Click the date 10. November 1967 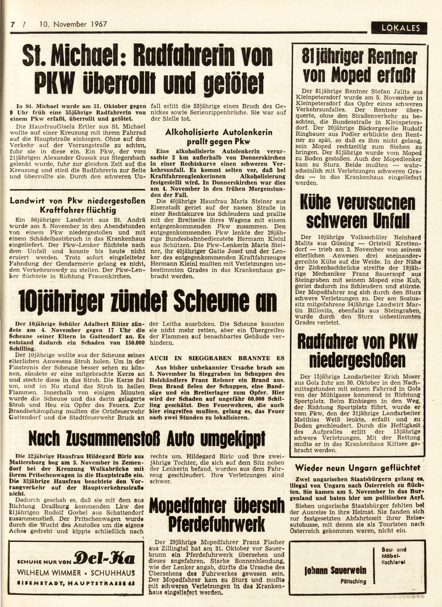pos(73,24)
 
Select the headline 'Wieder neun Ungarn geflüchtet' pos(358,467)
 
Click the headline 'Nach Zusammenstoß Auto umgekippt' pos(147,439)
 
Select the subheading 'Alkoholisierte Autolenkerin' pos(219,132)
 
